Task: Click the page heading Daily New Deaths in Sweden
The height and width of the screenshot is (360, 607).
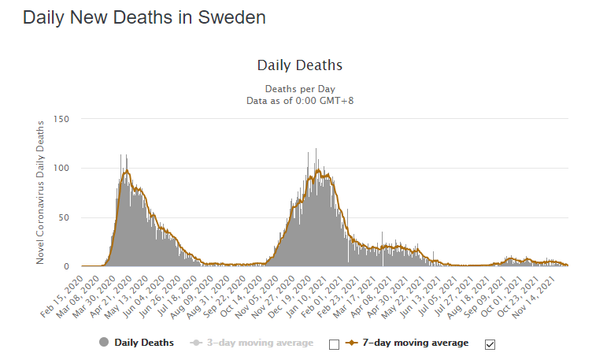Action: [144, 17]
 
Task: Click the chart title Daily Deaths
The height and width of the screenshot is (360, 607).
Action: [300, 65]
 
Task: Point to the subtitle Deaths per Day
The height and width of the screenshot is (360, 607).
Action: [300, 89]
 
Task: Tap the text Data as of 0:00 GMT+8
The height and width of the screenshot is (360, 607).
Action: [300, 100]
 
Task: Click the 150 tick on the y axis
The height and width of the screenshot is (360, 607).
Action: [62, 119]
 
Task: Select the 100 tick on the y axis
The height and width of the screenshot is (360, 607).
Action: [62, 169]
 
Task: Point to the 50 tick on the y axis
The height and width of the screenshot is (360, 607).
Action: [65, 217]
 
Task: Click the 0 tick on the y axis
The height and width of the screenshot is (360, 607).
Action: [68, 266]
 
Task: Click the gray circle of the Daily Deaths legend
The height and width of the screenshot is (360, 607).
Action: [104, 343]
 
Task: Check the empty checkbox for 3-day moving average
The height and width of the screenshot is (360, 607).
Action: [333, 343]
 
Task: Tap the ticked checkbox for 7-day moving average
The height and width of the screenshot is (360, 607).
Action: [490, 343]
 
